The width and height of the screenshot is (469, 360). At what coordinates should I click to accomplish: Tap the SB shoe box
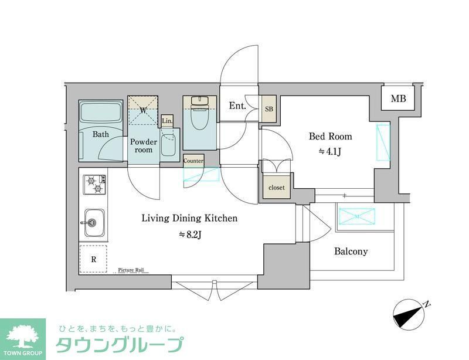click(269, 109)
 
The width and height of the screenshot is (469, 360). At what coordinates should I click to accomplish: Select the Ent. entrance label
click(237, 106)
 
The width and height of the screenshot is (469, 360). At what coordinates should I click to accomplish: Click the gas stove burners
click(94, 184)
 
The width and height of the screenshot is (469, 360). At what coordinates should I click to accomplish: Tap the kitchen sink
click(94, 222)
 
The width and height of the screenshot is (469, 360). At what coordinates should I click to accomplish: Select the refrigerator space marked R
click(94, 258)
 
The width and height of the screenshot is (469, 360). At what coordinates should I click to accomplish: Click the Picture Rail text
click(131, 270)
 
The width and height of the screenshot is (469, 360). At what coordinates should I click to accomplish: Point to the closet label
click(277, 188)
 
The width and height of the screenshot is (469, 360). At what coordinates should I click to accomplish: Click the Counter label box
click(193, 161)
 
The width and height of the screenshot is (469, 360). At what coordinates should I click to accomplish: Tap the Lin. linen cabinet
click(167, 121)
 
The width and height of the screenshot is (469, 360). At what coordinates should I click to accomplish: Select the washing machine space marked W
click(144, 110)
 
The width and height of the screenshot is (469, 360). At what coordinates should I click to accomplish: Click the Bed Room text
click(331, 137)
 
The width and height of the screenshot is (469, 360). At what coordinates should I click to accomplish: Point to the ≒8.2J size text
click(189, 235)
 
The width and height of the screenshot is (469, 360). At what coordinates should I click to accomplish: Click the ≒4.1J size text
click(331, 151)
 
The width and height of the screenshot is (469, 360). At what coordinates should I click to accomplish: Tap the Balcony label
click(351, 252)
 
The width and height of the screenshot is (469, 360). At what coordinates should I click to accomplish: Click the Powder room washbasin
click(168, 145)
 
